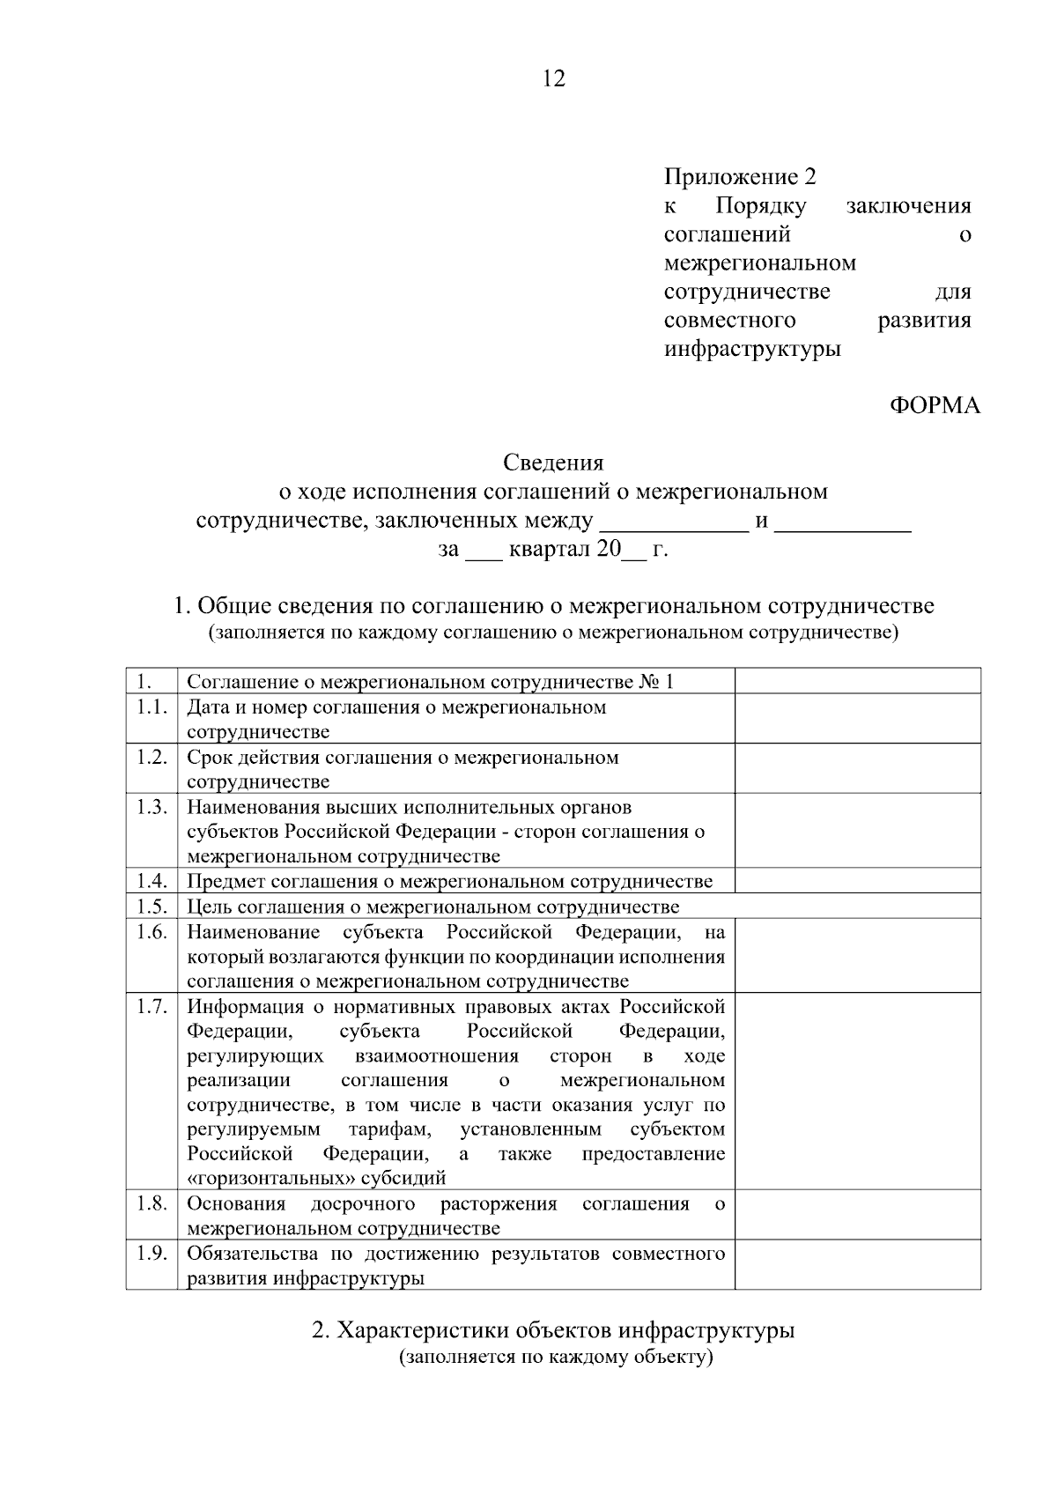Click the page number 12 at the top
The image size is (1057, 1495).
[x=554, y=79]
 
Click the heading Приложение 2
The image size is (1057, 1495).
[x=740, y=177]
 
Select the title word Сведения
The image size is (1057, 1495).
[x=553, y=463]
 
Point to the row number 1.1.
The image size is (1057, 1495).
[x=152, y=707]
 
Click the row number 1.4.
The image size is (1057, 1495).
[x=152, y=881]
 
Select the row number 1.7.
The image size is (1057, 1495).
[x=152, y=1006]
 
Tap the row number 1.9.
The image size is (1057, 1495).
[x=152, y=1253]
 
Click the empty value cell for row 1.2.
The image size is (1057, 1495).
[x=857, y=768]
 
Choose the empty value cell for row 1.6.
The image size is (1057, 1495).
[x=857, y=956]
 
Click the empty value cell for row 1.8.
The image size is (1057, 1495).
[x=857, y=1215]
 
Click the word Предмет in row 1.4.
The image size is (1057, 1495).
[x=225, y=882]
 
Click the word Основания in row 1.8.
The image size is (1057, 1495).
[x=236, y=1204]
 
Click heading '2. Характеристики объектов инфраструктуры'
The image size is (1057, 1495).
[x=553, y=1330]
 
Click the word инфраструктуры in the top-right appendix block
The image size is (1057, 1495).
[x=752, y=349]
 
